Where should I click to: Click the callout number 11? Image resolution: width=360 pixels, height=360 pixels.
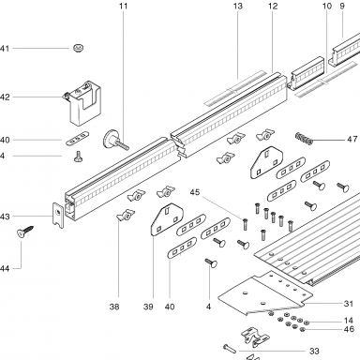pyautogui.click(x=124, y=6)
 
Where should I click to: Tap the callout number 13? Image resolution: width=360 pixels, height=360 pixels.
pyautogui.click(x=238, y=6)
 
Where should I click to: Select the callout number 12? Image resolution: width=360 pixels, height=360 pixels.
pyautogui.click(x=273, y=6)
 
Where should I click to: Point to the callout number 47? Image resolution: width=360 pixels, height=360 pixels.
pyautogui.click(x=352, y=139)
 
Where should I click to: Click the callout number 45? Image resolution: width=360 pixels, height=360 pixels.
pyautogui.click(x=195, y=192)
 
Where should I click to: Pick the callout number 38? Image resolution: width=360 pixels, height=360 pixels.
pyautogui.click(x=114, y=307)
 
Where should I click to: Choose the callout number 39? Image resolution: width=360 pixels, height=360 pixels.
pyautogui.click(x=148, y=307)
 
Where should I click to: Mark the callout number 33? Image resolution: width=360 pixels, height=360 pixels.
pyautogui.click(x=314, y=351)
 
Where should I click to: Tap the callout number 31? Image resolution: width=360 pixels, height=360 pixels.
pyautogui.click(x=349, y=304)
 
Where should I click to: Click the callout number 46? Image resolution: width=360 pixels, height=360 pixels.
pyautogui.click(x=349, y=329)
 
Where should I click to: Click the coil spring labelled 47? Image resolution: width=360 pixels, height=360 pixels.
pyautogui.click(x=304, y=139)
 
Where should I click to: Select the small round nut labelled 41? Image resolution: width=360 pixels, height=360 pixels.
pyautogui.click(x=79, y=48)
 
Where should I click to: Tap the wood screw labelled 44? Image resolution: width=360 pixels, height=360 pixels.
pyautogui.click(x=24, y=232)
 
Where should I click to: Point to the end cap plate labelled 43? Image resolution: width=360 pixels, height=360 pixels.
pyautogui.click(x=58, y=215)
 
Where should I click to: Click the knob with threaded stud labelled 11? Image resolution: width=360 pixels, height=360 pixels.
pyautogui.click(x=114, y=141)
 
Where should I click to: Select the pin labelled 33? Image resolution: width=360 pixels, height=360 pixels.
pyautogui.click(x=230, y=349)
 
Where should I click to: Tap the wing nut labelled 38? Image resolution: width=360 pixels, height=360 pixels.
pyautogui.click(x=126, y=215)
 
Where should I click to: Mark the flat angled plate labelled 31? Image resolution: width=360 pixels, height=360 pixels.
pyautogui.click(x=265, y=293)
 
